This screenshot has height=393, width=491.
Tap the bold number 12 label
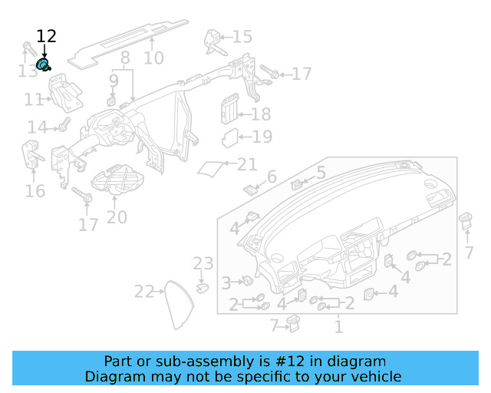[x=46, y=36]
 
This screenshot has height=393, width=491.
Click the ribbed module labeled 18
[x=228, y=109]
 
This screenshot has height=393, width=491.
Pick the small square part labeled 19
[x=230, y=138]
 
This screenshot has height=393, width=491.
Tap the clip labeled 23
[x=203, y=288]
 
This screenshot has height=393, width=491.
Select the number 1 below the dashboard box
[x=338, y=327]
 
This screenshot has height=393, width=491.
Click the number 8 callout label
[x=124, y=58]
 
